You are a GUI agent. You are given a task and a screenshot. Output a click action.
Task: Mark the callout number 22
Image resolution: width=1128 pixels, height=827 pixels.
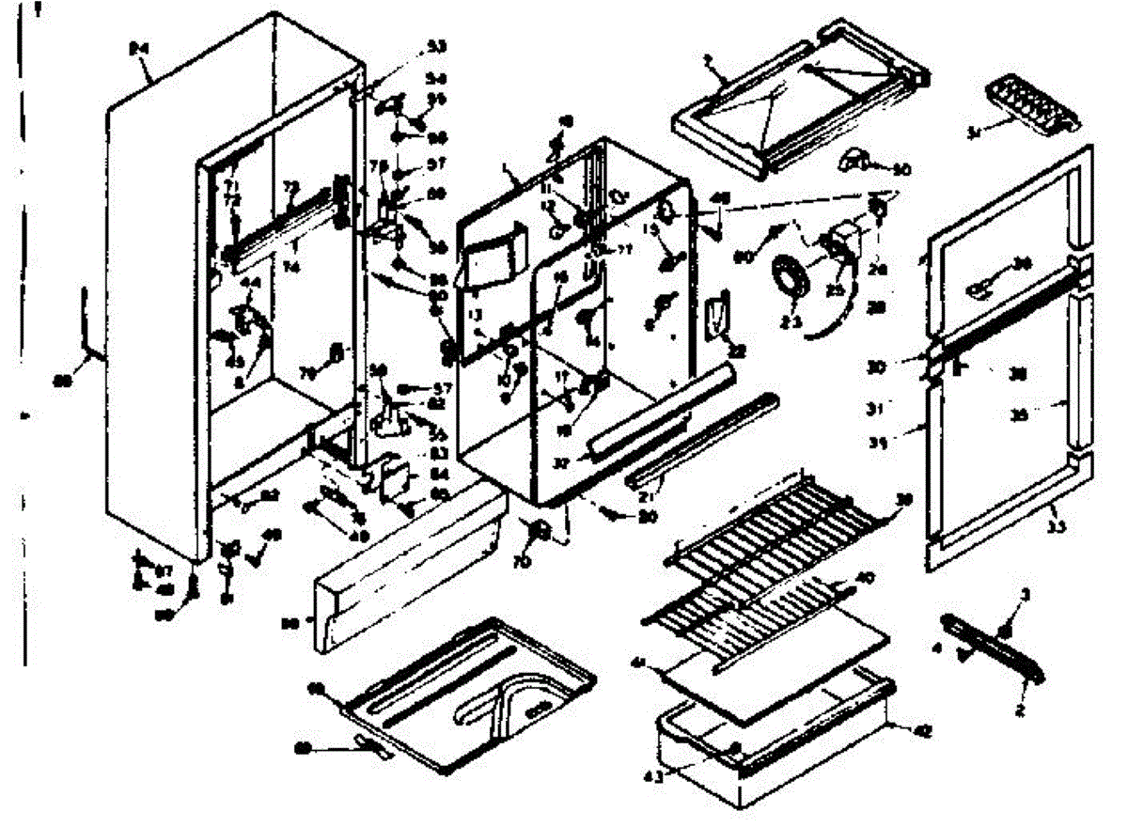738,351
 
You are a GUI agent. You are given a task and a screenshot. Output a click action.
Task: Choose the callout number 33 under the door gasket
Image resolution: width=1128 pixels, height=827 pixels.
1057,528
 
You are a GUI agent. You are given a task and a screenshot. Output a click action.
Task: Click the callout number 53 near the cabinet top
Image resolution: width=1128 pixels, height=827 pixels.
436,46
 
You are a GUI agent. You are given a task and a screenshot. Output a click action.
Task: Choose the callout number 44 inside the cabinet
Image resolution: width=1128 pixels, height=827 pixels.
249,282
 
